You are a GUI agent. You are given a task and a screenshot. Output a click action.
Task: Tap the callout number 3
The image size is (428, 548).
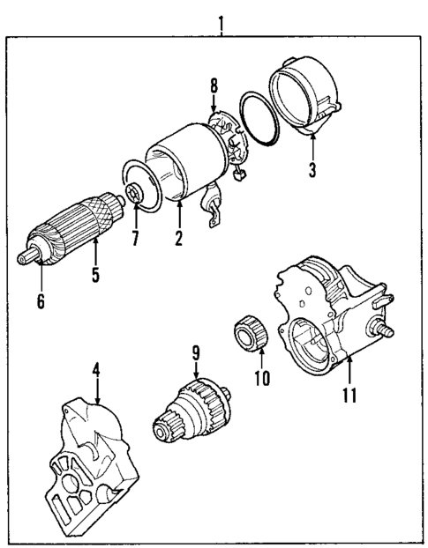pos(312,169)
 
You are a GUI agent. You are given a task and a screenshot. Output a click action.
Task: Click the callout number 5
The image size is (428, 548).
pos(94,274)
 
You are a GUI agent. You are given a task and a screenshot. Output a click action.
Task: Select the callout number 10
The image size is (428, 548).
pos(259,378)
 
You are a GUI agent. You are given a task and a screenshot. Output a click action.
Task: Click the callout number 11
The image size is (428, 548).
pos(349,394)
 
